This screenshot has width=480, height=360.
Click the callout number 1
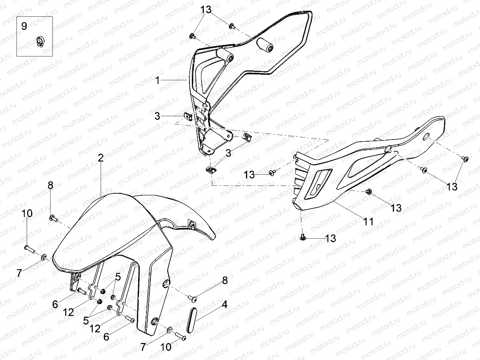pyautogui.click(x=158, y=80)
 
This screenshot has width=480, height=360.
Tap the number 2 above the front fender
pyautogui.click(x=101, y=158)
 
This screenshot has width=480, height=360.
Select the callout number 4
pyautogui.click(x=224, y=305)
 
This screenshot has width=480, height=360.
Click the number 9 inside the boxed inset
pyautogui.click(x=24, y=26)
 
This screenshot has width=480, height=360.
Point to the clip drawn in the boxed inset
pyautogui.click(x=40, y=41)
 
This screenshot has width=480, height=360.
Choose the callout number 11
pyautogui.click(x=369, y=221)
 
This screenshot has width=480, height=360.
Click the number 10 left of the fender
pyautogui.click(x=27, y=213)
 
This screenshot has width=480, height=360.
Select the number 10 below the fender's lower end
pyautogui.click(x=166, y=347)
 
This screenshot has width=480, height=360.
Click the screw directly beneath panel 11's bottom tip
pyautogui.click(x=302, y=237)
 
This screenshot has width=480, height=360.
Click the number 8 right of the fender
pyautogui.click(x=225, y=280)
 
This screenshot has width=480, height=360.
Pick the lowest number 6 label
pyautogui.click(x=106, y=336)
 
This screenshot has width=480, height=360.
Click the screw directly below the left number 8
pyautogui.click(x=53, y=218)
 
